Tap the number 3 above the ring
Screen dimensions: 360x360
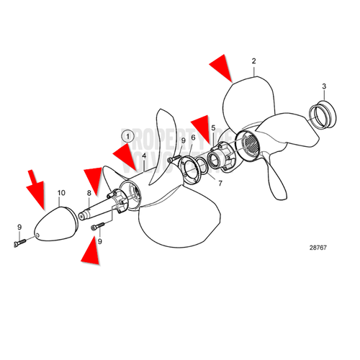(324, 86)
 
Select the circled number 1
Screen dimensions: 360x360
(127, 135)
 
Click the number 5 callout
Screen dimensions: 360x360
(212, 128)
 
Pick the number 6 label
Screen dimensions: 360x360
(192, 137)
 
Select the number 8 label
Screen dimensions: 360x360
(89, 193)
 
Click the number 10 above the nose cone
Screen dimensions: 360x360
(61, 193)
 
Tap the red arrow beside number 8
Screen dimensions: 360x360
(94, 176)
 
